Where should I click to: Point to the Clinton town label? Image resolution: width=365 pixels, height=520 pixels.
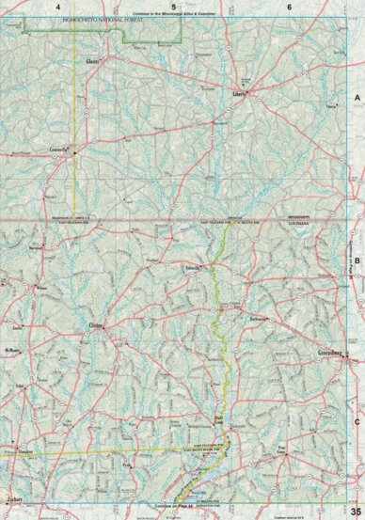[x=95, y=326]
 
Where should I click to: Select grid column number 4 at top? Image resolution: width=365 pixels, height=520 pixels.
[x=58, y=7]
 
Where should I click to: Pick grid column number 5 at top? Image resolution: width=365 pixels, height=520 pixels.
[x=174, y=7]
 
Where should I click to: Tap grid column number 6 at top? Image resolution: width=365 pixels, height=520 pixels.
[x=289, y=7]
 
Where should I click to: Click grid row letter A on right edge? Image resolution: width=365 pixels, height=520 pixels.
[x=357, y=97]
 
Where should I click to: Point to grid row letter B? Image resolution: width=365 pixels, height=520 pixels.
[x=357, y=240]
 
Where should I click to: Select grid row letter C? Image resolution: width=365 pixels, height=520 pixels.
[x=357, y=395]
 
